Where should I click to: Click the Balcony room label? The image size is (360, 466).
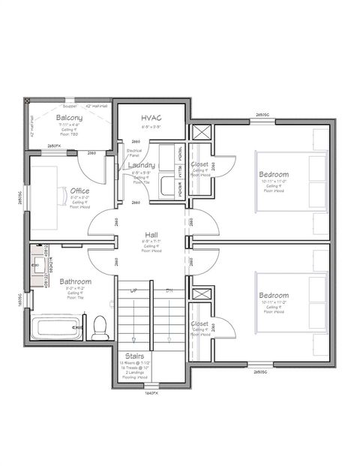[x=68, y=118]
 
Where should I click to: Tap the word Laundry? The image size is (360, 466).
[x=140, y=165]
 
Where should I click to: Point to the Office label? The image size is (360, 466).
[x=79, y=191]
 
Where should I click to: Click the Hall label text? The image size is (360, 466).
[x=151, y=235]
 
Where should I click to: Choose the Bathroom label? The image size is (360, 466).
[x=76, y=282]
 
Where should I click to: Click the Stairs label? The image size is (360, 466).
[x=136, y=356]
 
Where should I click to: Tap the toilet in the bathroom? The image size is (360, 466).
[x=98, y=326]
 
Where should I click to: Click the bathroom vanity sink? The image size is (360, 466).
[x=37, y=265]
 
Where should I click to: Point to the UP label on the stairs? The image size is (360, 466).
[x=133, y=290]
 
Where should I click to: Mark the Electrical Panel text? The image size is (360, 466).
[x=133, y=153]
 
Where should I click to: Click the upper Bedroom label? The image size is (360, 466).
[x=273, y=175]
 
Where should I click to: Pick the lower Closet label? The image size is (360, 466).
[x=199, y=324]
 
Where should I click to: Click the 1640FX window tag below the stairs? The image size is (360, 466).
[x=151, y=392]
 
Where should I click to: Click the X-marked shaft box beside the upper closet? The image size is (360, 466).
[x=201, y=134]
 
